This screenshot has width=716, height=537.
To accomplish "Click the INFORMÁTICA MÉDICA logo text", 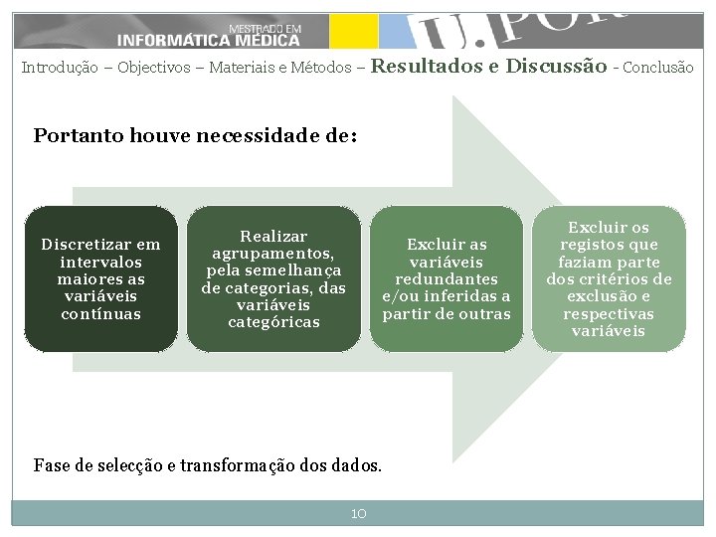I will click(x=208, y=40).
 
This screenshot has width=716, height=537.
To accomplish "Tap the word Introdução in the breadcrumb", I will click(x=60, y=69).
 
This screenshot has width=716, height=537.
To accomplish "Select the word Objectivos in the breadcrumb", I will click(x=155, y=69).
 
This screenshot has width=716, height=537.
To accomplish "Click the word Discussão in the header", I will click(x=556, y=67).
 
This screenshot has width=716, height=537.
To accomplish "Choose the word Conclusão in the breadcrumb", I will click(x=658, y=69).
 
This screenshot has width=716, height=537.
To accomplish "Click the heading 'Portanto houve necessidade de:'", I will click(x=195, y=135).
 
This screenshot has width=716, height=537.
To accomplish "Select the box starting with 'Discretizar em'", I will click(x=100, y=279).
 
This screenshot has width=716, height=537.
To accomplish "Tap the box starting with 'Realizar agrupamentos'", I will click(x=273, y=279).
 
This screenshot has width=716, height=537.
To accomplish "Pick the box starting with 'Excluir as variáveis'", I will click(x=447, y=279).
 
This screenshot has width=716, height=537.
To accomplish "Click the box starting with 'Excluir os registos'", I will click(x=609, y=279).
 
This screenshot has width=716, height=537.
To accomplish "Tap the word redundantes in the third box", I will click(x=447, y=279).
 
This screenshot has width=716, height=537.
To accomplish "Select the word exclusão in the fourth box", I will click(x=609, y=296).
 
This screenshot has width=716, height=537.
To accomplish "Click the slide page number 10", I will click(x=358, y=513).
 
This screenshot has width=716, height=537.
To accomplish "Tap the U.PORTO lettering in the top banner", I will click(x=527, y=30).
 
